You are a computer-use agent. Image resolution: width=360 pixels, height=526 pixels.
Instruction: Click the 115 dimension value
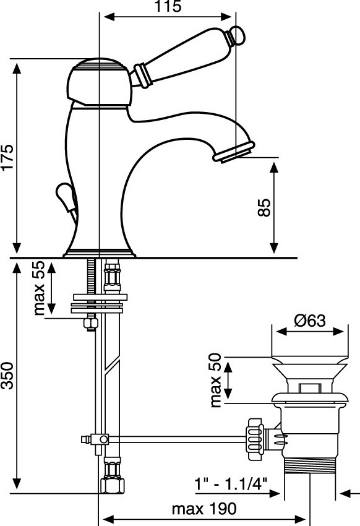[168, 6]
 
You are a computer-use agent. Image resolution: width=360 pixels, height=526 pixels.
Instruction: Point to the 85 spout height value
[264, 208]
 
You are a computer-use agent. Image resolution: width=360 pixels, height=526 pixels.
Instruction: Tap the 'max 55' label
[39, 288]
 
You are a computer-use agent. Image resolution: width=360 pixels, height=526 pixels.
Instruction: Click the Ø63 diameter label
[310, 321]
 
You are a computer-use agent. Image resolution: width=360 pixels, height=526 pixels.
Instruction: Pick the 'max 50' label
[215, 381]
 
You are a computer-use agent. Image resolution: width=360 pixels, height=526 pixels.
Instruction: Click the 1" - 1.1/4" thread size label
[231, 484]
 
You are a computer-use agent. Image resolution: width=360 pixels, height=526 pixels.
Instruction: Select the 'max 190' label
[204, 509]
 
